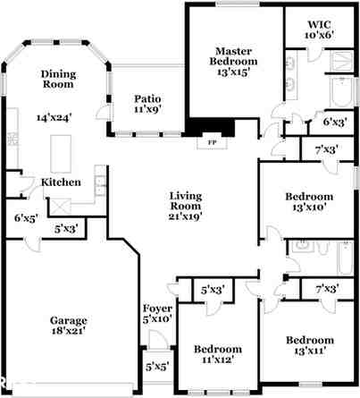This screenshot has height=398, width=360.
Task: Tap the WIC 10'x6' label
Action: point(319,30)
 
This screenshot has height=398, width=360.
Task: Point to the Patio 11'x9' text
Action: point(147,105)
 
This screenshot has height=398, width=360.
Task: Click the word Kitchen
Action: point(62,182)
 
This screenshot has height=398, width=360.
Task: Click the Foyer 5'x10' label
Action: point(156,313)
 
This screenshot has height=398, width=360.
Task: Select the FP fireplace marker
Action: point(212,142)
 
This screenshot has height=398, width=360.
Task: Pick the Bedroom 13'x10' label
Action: point(309,202)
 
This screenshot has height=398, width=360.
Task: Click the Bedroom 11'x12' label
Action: point(219,354)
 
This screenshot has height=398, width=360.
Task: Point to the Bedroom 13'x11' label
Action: point(309,345)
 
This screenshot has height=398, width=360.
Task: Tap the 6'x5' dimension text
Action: point(25,217)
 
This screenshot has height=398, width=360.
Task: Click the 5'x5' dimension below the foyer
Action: point(155,366)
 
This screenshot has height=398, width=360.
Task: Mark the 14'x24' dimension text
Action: point(54,117)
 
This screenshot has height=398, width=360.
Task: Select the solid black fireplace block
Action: point(213,128)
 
